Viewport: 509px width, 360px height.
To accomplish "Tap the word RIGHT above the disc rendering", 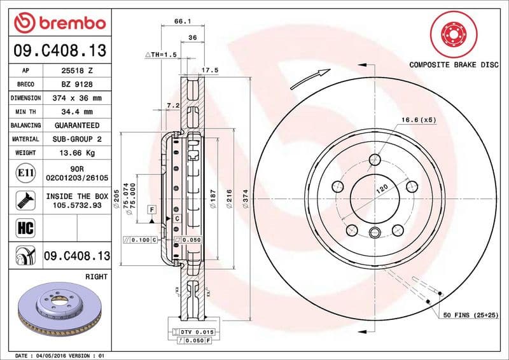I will (x=95, y=277).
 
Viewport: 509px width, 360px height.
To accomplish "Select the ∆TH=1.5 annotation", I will (x=162, y=55).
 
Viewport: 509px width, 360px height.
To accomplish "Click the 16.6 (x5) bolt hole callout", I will (x=418, y=120).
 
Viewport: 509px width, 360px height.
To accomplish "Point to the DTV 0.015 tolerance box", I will (x=194, y=333).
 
